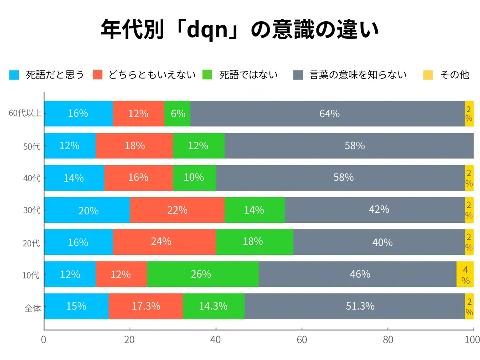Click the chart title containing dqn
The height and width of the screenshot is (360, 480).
coord(240,30)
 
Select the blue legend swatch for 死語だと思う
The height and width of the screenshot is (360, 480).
coord(14,75)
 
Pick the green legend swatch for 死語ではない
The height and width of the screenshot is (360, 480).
coord(208,75)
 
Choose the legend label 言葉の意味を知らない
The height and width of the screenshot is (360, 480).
coord(358,75)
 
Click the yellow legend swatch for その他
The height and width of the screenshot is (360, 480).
coord(428,75)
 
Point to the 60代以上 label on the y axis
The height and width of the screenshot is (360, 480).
coord(25,114)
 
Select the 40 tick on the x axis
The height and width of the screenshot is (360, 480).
coord(216,340)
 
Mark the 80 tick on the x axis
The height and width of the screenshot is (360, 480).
coord(388,340)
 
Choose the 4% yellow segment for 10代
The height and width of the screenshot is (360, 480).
coord(465,274)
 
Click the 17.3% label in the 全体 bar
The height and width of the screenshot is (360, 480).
coord(146,306)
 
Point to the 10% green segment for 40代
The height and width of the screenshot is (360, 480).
coord(194,178)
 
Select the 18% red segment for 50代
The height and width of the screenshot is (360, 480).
coord(134,146)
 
